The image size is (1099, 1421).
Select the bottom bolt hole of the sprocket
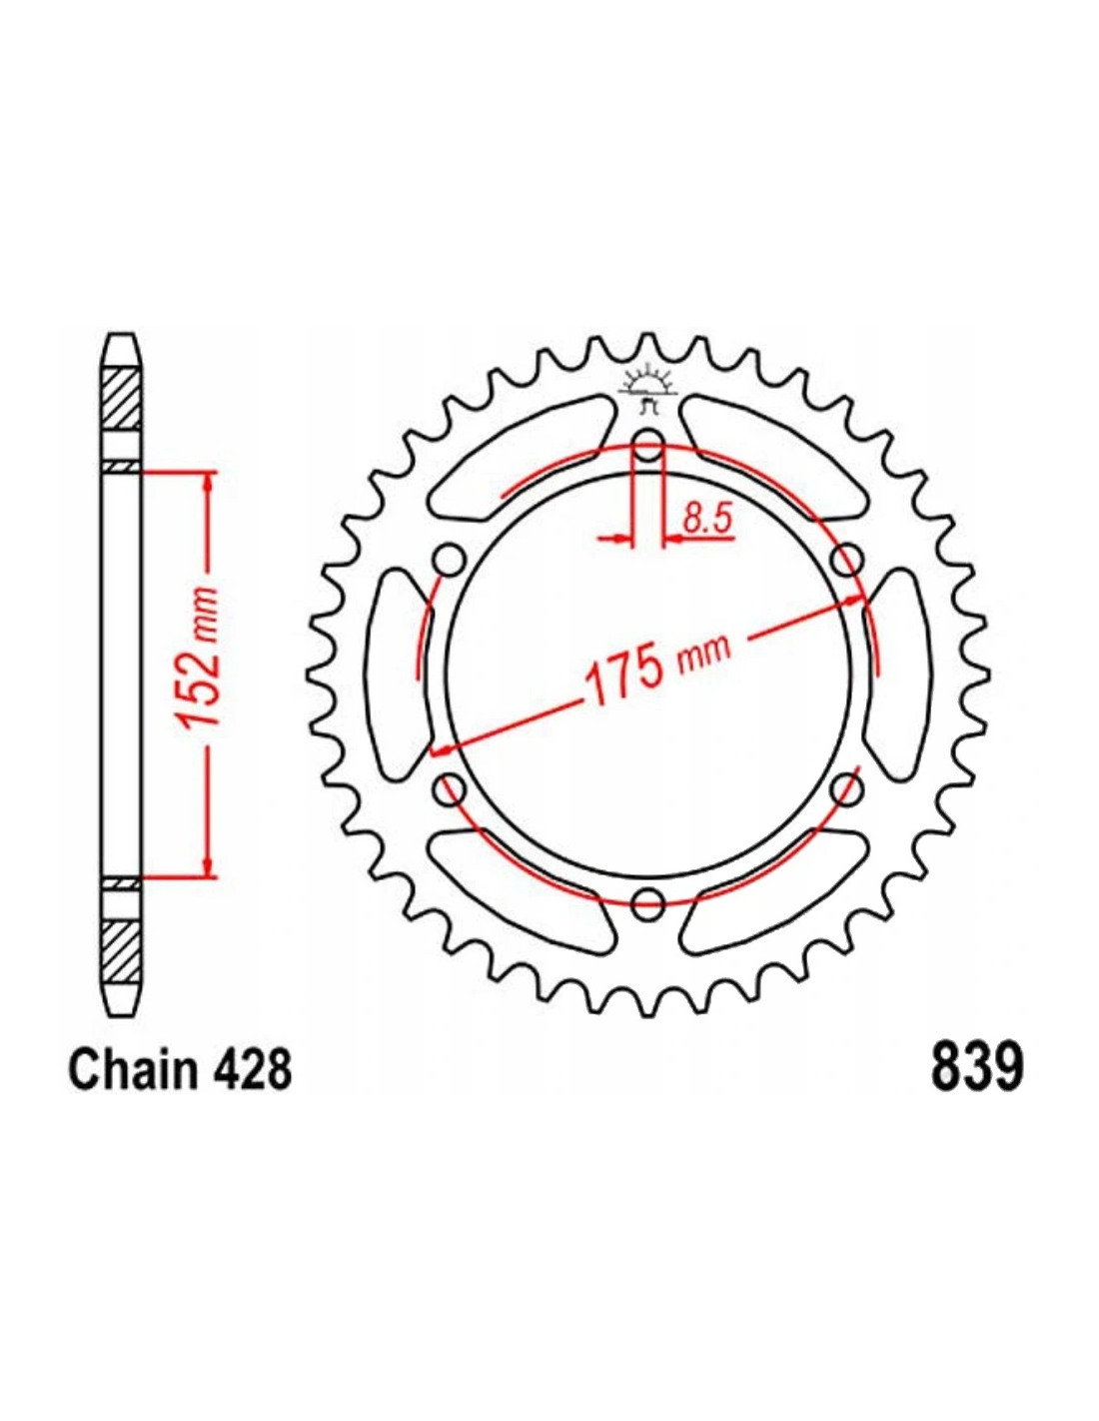647,903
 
